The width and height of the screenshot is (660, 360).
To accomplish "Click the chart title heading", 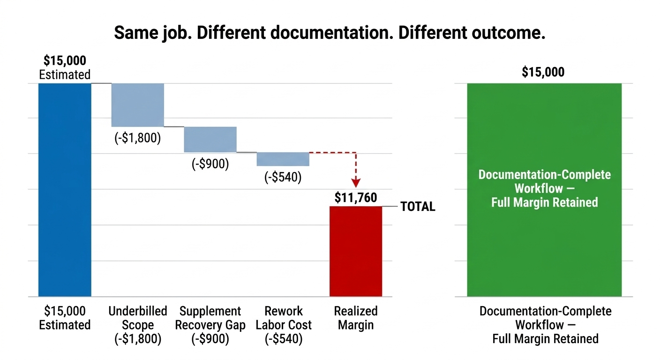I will tap(330, 33).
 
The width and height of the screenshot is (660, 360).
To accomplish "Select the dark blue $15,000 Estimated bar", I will tap(65, 190).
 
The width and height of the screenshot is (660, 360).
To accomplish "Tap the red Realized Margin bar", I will tap(356, 251).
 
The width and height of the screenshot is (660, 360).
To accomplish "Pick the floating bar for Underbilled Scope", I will tap(138, 105).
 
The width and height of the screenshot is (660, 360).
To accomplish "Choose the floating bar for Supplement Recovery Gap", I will tap(210, 139).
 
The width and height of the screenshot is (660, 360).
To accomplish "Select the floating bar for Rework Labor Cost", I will tap(283, 159).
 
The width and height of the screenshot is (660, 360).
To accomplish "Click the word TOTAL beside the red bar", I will tap(418, 207).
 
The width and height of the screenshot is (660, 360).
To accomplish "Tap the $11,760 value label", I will tap(356, 198).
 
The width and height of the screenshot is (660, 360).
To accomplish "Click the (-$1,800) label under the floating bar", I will tap(138, 138).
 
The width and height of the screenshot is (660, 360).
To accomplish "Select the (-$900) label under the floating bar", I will tap(210, 164).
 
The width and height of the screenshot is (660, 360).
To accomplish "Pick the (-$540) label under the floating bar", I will tap(283, 178).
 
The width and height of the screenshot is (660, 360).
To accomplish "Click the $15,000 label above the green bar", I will tap(543, 72).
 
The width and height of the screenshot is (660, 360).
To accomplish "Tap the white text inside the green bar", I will tap(544, 188).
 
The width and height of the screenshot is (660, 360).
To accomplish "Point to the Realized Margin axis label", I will tap(356, 318).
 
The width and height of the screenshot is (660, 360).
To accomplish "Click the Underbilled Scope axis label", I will tap(138, 325).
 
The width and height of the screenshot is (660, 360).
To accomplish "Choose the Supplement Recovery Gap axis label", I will tap(210, 325).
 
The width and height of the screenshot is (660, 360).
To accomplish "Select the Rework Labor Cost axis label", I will tap(283, 325).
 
